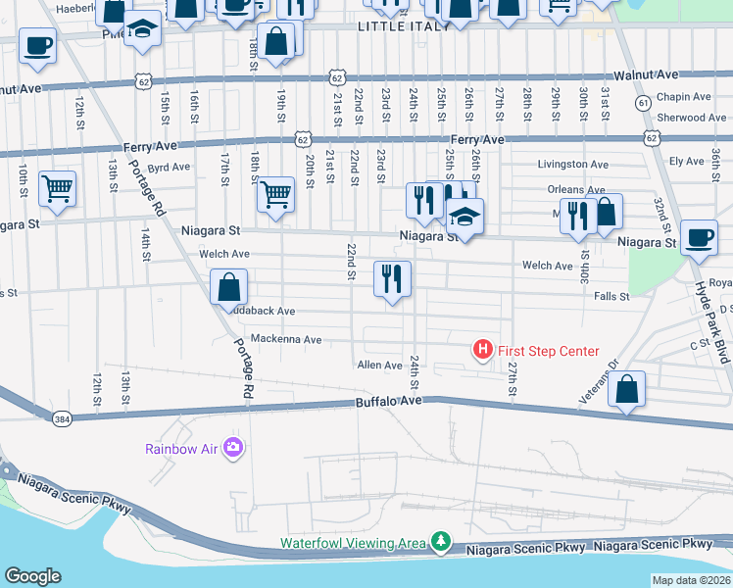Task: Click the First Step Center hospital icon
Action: pyautogui.click(x=482, y=349)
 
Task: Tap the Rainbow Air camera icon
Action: pyautogui.click(x=233, y=448)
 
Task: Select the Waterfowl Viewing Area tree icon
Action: pyautogui.click(x=441, y=542)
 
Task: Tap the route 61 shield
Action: pyautogui.click(x=643, y=102)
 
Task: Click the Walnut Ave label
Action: pyautogui.click(x=645, y=74)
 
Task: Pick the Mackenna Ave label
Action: pyautogui.click(x=286, y=340)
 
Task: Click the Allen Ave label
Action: pyautogui.click(x=380, y=366)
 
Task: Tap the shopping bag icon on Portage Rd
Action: pyautogui.click(x=228, y=288)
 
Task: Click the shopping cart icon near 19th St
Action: pyautogui.click(x=275, y=194)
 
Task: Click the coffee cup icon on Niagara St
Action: pyautogui.click(x=699, y=237)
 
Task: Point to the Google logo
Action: pyautogui.click(x=32, y=577)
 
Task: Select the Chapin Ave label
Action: pyautogui.click(x=684, y=97)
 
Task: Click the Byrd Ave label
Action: pyautogui.click(x=168, y=167)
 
